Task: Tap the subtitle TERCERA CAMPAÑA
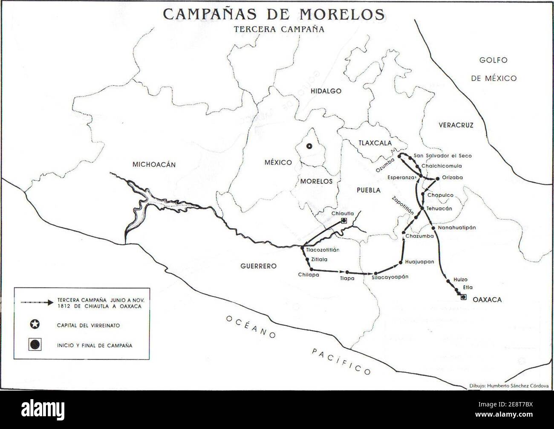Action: coord(279,29)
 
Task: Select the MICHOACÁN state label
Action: coord(154,165)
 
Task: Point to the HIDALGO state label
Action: coord(326,91)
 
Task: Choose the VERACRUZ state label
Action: coord(456,125)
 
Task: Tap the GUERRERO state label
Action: coord(258,266)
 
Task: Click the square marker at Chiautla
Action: coord(344,220)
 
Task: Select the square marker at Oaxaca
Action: coord(464,297)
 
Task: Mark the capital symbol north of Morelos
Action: coord(310,146)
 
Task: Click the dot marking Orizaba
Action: coord(438,178)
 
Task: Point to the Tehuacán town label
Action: coord(439,209)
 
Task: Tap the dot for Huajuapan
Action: coord(401,262)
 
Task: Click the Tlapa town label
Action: coord(347,278)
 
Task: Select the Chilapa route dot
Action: coord(312,269)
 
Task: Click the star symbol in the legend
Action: coord(35,325)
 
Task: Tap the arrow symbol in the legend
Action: coord(36,302)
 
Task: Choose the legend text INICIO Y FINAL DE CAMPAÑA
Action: coord(95,345)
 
